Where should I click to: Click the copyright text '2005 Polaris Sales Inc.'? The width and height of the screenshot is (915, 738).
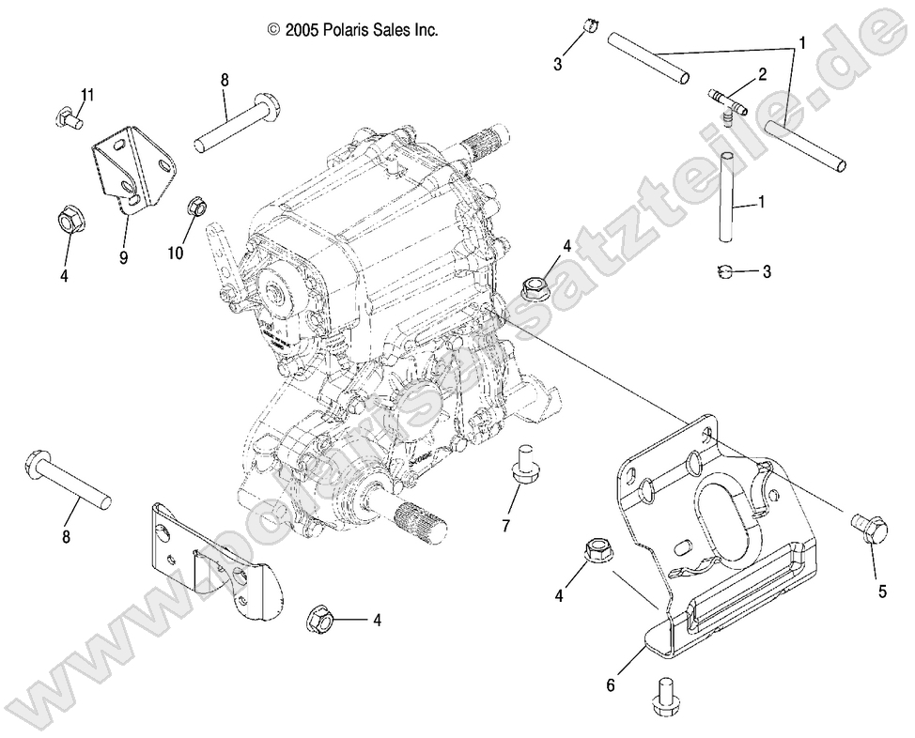(x=352, y=30)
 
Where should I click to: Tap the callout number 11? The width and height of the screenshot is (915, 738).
(x=87, y=95)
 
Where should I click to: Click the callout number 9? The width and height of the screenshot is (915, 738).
(x=123, y=254)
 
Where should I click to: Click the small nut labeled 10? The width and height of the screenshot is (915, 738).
(x=196, y=204)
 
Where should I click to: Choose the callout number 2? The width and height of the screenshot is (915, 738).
(x=762, y=73)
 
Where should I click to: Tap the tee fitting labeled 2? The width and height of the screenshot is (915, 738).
(x=728, y=100)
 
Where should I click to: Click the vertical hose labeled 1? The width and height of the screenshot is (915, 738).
(x=727, y=196)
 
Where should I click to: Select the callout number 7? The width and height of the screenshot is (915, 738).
(x=505, y=525)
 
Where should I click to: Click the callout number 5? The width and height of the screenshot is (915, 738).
(x=881, y=592)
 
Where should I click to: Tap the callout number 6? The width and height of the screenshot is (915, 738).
(x=611, y=685)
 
